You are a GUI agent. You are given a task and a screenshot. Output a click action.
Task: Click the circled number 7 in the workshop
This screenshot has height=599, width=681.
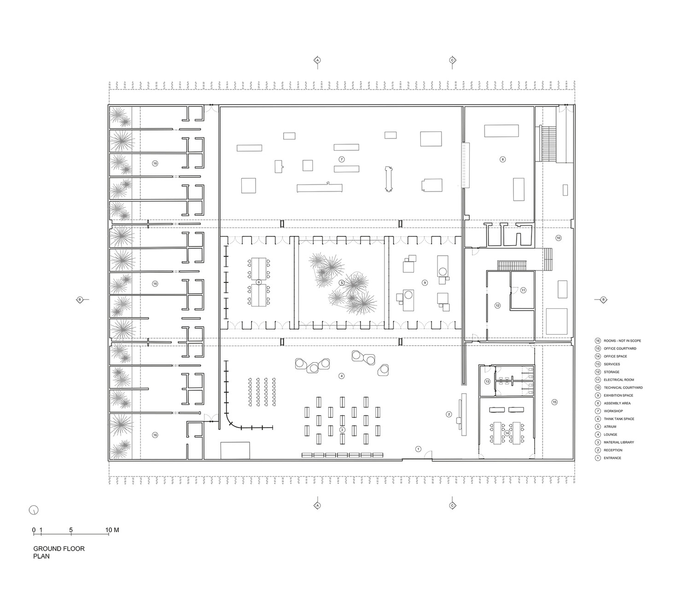(x=341, y=159)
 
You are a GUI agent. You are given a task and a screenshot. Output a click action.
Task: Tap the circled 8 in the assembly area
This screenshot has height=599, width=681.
(x=502, y=159)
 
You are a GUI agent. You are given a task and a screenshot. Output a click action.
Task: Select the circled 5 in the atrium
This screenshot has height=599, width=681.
(x=342, y=283)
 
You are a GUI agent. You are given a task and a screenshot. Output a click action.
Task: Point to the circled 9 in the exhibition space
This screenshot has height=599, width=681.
(x=425, y=282)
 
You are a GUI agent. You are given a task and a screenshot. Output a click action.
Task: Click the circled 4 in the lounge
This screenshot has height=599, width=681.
(x=341, y=376)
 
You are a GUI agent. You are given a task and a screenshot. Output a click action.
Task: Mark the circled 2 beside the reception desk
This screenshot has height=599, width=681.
(x=448, y=414)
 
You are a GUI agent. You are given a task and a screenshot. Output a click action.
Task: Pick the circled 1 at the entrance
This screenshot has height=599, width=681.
(x=418, y=449)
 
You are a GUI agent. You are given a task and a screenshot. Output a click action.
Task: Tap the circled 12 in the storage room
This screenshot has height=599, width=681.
(x=497, y=305)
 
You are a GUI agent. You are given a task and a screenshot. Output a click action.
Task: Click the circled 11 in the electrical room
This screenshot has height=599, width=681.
(x=523, y=290)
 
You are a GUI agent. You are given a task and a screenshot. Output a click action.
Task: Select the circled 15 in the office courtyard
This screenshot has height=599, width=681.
(x=554, y=402)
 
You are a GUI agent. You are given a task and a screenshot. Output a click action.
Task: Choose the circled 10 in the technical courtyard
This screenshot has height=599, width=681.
(x=559, y=238)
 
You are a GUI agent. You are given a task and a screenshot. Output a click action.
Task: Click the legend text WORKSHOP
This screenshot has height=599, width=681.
(x=613, y=411)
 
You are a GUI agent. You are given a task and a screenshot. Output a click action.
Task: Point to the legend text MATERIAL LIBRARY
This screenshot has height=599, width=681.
(x=618, y=442)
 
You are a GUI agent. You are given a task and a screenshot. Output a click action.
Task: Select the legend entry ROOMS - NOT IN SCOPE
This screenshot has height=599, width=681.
(x=622, y=341)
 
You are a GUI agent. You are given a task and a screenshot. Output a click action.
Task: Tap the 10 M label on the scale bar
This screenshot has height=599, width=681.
(x=112, y=530)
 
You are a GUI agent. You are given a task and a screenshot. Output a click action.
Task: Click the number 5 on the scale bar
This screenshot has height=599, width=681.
(x=71, y=530)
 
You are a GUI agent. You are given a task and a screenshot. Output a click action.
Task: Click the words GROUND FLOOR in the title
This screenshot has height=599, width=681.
(x=59, y=549)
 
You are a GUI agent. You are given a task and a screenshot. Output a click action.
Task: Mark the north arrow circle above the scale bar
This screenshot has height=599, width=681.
(x=34, y=510)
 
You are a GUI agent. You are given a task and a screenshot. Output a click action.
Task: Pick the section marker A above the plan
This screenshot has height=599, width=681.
(x=317, y=60)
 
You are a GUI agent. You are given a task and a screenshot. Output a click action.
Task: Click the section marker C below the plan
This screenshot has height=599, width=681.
(x=452, y=505)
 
